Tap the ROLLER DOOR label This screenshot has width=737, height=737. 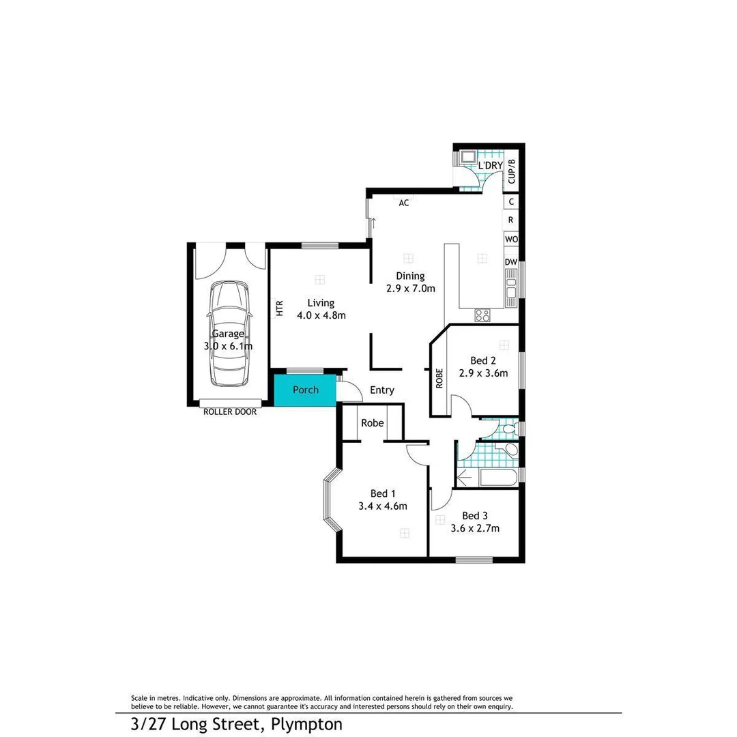(x=230, y=411)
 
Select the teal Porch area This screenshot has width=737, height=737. (x=305, y=390)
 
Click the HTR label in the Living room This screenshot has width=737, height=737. (x=279, y=308)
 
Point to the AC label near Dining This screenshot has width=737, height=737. (x=404, y=203)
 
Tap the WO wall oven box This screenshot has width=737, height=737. (x=511, y=240)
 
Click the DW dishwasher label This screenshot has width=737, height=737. (x=511, y=262)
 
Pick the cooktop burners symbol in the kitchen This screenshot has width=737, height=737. (x=482, y=315)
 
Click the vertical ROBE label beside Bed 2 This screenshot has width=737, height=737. (x=439, y=378)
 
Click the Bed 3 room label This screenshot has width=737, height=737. (x=475, y=516)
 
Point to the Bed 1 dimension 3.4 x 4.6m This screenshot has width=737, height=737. (x=382, y=506)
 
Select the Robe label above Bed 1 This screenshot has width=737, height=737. (x=372, y=423)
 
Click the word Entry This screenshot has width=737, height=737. (x=381, y=390)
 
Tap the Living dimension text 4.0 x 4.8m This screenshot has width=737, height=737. (x=321, y=315)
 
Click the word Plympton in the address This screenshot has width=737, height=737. (x=306, y=723)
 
